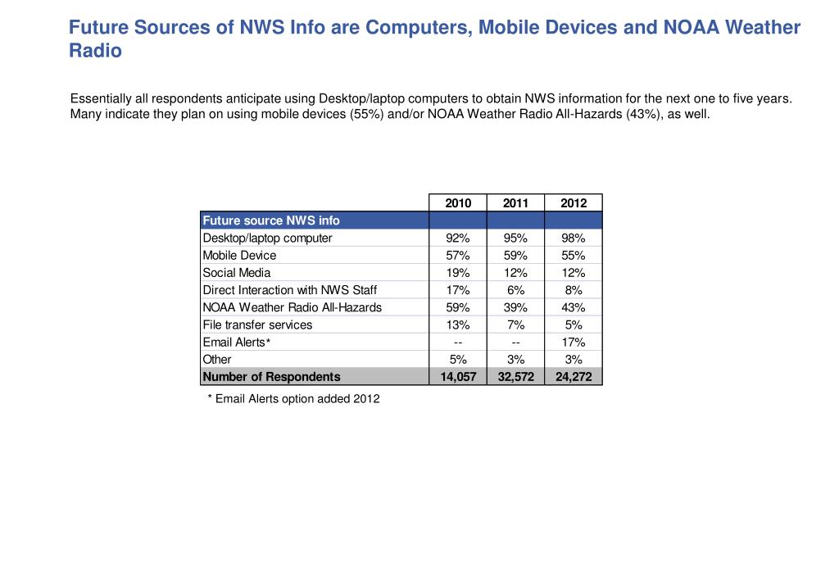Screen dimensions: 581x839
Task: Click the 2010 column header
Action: coord(458,203)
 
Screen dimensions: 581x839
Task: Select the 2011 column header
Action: coord(515,203)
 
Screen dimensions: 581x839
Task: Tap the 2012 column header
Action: coord(574,203)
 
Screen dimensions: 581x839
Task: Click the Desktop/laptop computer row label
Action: coord(267,238)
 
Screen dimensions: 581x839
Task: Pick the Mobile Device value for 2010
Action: coord(458,255)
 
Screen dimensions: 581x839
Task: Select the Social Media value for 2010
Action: coord(458,272)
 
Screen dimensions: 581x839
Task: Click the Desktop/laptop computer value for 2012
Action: coord(574,238)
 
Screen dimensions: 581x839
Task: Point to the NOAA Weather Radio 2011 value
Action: coord(515,307)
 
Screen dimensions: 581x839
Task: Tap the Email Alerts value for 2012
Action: coord(574,342)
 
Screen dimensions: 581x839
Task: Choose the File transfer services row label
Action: coord(257,325)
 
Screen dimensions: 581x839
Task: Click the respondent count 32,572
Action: coord(515,377)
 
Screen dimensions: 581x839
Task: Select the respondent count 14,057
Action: coord(458,377)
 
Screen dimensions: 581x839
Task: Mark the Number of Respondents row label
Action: coord(271,377)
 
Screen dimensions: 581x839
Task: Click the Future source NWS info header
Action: coord(271,220)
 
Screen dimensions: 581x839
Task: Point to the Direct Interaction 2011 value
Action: coord(515,290)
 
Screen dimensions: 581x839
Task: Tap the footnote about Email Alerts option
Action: coord(293,399)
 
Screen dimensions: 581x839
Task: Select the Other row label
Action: coord(217,359)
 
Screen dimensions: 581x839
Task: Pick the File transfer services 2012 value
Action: coord(574,325)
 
